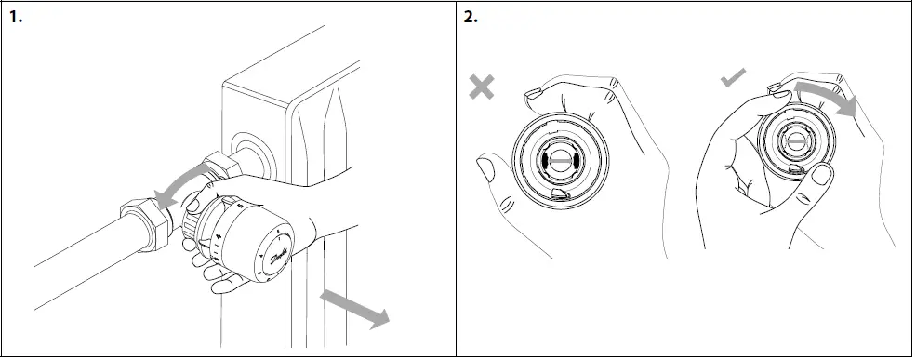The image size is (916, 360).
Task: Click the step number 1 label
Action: pos(16,17)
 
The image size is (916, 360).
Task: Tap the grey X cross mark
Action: pos(482,87)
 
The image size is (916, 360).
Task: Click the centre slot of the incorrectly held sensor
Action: pos(558,160)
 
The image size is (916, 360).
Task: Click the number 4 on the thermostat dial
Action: pos(218,236)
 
